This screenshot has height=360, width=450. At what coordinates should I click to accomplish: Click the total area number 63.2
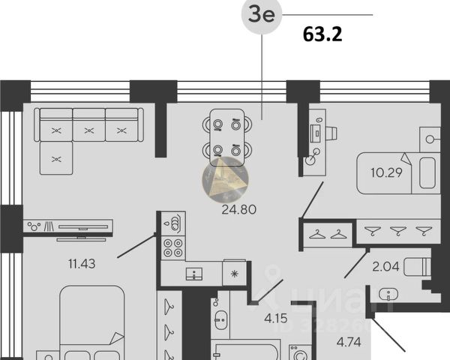[322, 34]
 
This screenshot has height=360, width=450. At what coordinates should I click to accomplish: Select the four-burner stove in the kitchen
[173, 248]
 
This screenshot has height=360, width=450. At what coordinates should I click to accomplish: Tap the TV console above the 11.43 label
[67, 226]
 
